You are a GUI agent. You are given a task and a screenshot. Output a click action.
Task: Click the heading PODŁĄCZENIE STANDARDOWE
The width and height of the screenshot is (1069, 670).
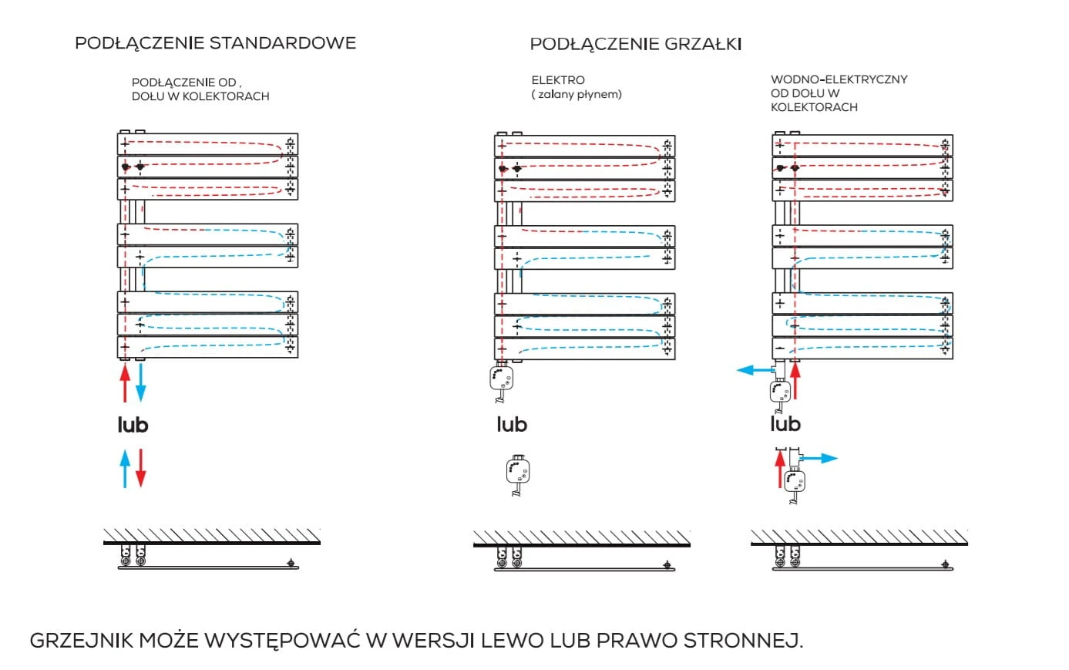[215, 43]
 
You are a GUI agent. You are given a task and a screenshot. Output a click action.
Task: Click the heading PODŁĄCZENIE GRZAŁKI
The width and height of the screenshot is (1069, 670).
[635, 44]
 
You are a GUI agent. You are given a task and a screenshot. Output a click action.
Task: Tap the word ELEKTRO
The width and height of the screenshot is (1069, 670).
[558, 80]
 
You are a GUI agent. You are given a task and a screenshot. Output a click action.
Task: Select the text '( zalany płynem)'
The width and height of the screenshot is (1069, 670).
[577, 95]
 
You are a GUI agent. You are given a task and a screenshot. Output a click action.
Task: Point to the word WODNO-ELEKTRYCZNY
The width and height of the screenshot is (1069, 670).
[839, 79]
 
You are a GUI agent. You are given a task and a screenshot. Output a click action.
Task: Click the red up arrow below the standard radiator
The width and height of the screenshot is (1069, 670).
[125, 384]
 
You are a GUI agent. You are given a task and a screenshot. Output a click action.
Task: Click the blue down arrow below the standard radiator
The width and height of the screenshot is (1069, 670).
[140, 382]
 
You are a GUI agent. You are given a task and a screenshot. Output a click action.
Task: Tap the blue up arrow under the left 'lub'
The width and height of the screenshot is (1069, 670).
[125, 469]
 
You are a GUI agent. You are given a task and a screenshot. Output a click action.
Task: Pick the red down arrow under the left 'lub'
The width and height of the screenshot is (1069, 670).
[140, 469]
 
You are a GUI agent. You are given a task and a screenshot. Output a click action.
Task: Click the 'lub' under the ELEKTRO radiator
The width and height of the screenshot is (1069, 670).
[512, 425]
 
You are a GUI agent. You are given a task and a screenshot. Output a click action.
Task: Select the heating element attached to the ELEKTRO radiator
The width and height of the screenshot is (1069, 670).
[502, 380]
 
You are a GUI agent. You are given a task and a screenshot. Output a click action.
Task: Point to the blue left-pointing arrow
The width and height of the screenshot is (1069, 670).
[755, 370]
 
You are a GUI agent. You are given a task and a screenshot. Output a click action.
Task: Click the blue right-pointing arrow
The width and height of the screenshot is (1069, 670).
[821, 458]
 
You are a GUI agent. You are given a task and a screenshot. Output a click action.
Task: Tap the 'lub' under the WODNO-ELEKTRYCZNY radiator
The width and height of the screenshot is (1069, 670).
[785, 424]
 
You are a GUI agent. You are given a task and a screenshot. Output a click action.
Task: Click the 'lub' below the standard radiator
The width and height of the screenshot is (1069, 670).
[133, 425]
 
